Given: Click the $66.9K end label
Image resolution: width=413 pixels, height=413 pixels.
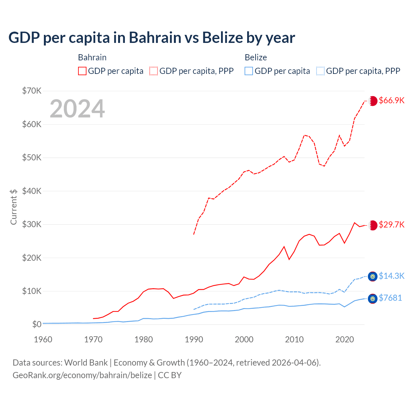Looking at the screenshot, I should click(x=391, y=100).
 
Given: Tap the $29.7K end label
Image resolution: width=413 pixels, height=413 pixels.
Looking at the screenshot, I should click(x=391, y=225).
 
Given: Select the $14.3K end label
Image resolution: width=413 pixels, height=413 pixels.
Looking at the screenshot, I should click(x=391, y=276).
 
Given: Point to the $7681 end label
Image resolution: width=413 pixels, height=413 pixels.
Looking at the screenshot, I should click(x=390, y=298).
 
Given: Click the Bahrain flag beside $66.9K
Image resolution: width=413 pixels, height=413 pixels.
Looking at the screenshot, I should click(x=373, y=101).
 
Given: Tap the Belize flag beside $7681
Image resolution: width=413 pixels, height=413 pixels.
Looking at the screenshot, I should click(x=373, y=299).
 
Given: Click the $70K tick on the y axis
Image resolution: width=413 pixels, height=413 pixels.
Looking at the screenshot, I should click(x=32, y=91).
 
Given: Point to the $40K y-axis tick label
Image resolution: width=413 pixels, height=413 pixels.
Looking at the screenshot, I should click(x=32, y=191).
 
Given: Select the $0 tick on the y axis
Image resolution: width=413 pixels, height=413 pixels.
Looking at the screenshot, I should click(x=37, y=324).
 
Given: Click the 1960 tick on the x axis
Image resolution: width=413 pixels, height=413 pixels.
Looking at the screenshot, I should click(x=43, y=339).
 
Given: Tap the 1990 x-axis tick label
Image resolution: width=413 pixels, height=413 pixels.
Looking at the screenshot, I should click(x=194, y=339).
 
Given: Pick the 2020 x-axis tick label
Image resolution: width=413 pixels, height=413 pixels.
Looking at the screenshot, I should click(x=345, y=339).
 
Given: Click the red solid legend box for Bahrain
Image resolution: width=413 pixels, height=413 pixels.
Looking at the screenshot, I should click(x=82, y=71).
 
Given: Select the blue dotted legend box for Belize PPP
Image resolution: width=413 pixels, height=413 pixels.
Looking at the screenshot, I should click(x=320, y=71).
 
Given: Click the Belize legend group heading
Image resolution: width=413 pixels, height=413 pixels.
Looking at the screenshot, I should click(x=256, y=57).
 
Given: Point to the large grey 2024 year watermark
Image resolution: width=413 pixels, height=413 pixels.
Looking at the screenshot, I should click(x=77, y=109).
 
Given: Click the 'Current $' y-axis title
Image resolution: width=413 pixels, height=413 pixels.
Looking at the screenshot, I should click(x=14, y=207).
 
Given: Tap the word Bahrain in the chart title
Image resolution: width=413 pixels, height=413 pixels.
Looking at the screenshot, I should click(x=155, y=37).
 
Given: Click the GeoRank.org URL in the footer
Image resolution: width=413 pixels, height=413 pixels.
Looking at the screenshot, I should click(x=82, y=375).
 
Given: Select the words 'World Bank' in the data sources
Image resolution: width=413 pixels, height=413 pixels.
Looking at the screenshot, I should click(x=86, y=363).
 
